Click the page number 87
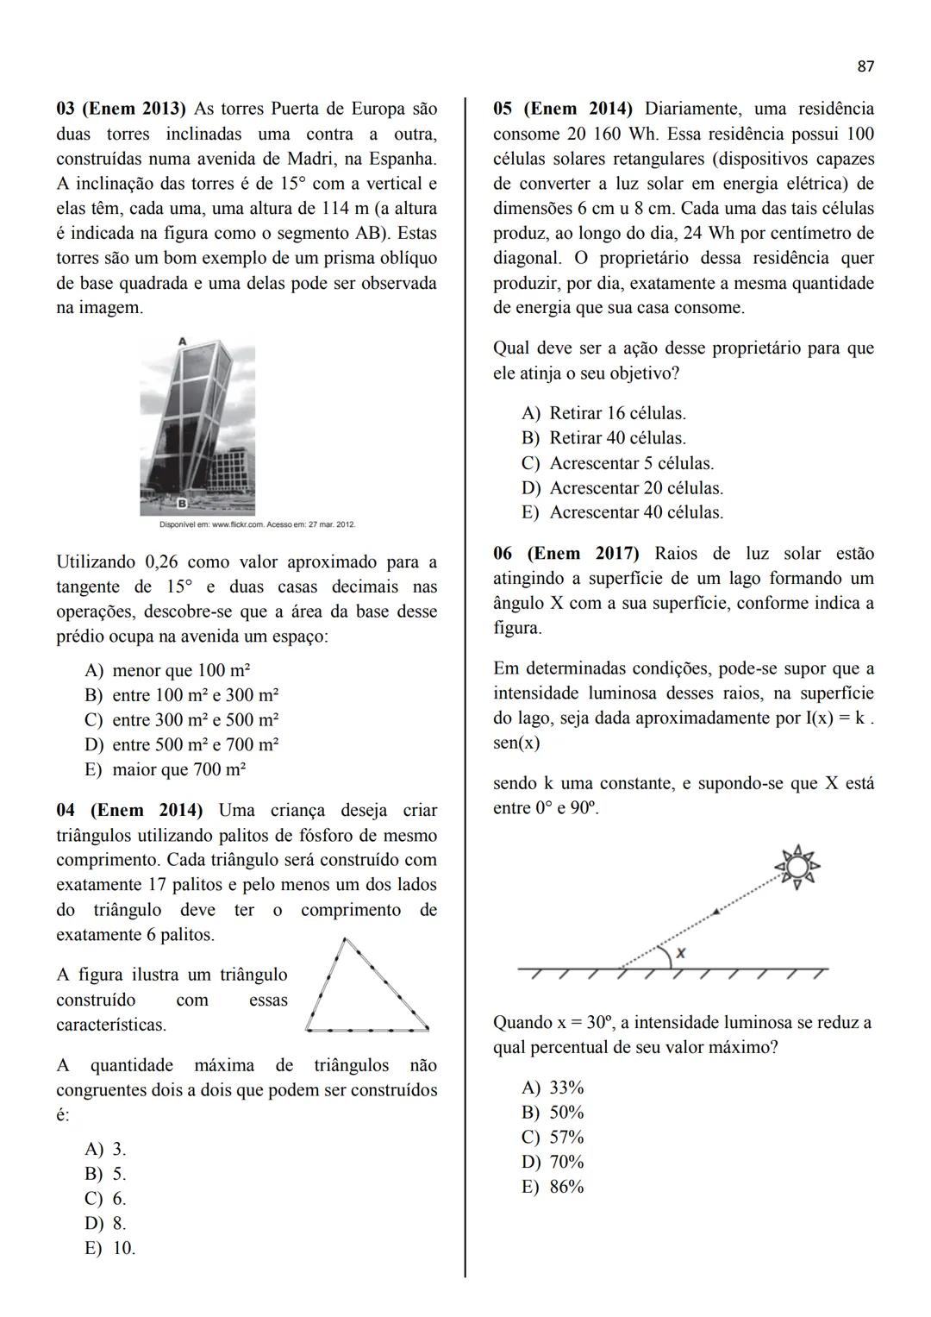(865, 66)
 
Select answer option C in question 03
(182, 720)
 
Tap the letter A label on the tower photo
(182, 342)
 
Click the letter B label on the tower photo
(183, 503)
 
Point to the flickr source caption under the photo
(257, 524)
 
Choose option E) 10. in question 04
(110, 1248)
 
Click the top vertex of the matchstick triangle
(345, 939)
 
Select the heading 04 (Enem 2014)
(129, 811)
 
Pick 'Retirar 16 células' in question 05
(603, 413)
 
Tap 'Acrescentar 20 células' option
(622, 488)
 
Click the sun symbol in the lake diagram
(797, 865)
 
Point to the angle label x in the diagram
(681, 953)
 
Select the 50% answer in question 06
(553, 1113)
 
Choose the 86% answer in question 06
(553, 1187)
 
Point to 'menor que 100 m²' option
(167, 671)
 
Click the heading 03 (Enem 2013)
(121, 110)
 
